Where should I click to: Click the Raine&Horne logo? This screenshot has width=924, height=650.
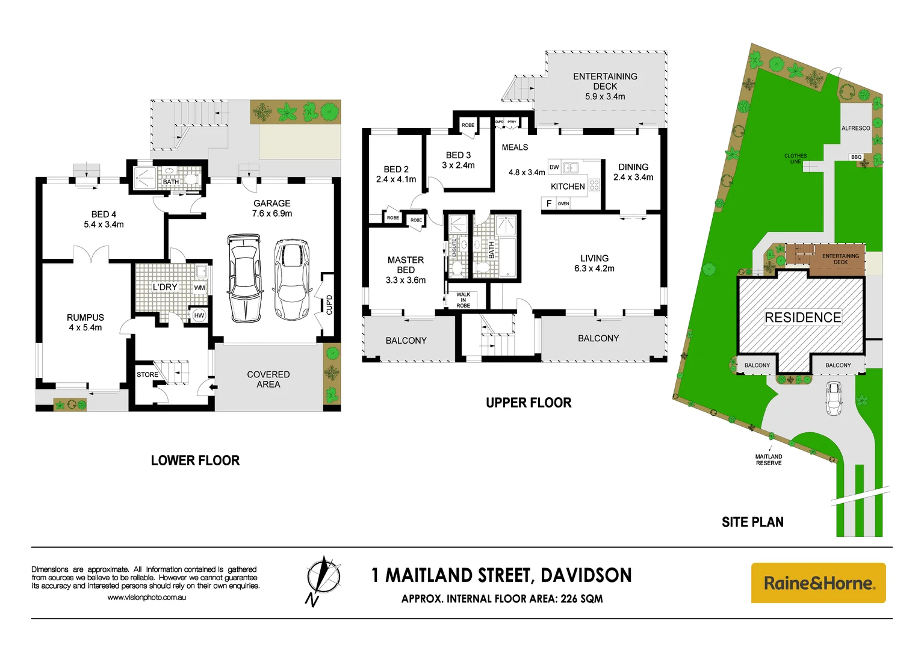tap(818, 583)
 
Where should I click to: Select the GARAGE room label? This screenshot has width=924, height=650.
tap(271, 203)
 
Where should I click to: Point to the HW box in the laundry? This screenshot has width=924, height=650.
tap(199, 315)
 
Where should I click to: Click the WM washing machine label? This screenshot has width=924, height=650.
tap(199, 288)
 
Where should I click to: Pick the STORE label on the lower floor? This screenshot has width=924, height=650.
tap(147, 374)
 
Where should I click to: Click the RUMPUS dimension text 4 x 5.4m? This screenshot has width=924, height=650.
tap(85, 327)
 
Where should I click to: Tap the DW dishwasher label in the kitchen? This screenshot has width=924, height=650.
tap(554, 167)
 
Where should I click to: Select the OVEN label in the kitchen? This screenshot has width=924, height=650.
tap(563, 203)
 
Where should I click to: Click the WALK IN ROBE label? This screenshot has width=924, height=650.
tap(464, 300)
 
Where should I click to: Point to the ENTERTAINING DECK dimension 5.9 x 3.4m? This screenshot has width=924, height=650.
tap(605, 96)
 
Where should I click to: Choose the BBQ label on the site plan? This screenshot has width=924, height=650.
tap(856, 157)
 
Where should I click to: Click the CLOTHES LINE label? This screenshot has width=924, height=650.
tap(795, 158)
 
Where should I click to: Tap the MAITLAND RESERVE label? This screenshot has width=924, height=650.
tap(769, 460)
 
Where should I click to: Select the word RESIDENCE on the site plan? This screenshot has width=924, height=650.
tap(802, 317)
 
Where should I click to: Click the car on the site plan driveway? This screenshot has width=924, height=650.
tap(834, 398)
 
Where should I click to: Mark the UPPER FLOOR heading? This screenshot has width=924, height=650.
tap(529, 403)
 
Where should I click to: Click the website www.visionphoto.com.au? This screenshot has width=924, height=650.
tap(146, 598)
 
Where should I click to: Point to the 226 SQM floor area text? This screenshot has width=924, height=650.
tap(581, 599)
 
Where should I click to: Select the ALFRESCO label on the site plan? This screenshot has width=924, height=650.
tap(855, 128)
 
